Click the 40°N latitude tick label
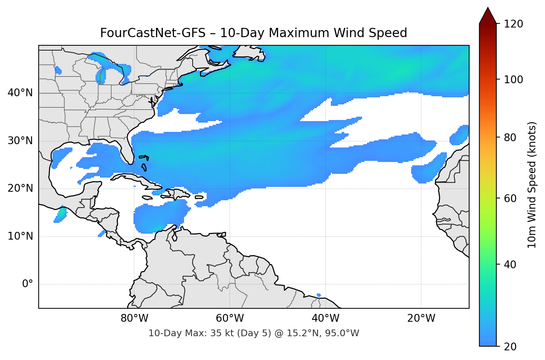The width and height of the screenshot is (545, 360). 20,93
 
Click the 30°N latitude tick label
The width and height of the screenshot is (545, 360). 20,141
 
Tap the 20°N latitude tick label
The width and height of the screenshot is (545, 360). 20,188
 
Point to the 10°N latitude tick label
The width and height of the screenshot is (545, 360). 20,236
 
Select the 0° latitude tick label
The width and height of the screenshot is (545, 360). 27,284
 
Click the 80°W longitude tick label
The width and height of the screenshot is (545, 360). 134,318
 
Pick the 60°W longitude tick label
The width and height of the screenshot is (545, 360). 230,318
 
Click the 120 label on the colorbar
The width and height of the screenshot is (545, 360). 513,24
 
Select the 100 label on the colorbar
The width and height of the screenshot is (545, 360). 513,80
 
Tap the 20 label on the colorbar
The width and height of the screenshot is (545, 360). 510,347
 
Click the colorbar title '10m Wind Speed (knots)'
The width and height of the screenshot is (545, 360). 532,185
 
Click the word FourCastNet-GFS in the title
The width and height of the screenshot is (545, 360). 152,33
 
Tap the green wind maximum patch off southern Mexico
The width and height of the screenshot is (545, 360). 61,214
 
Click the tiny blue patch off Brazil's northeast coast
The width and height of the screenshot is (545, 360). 319,295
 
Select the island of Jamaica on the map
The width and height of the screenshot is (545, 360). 147,198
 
